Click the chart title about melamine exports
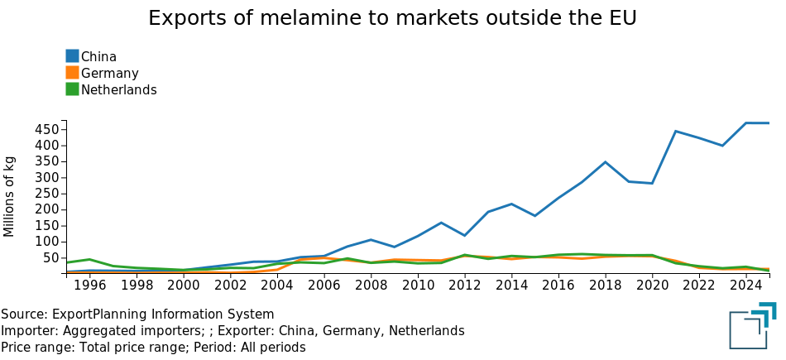click(392, 18)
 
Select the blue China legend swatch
click(73, 56)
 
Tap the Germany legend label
click(109, 73)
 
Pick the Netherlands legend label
click(118, 89)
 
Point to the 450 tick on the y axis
click(46, 130)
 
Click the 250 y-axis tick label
click(46, 194)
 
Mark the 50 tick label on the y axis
click(50, 258)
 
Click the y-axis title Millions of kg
click(10, 195)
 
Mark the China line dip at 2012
click(465, 235)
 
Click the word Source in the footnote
click(22, 314)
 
